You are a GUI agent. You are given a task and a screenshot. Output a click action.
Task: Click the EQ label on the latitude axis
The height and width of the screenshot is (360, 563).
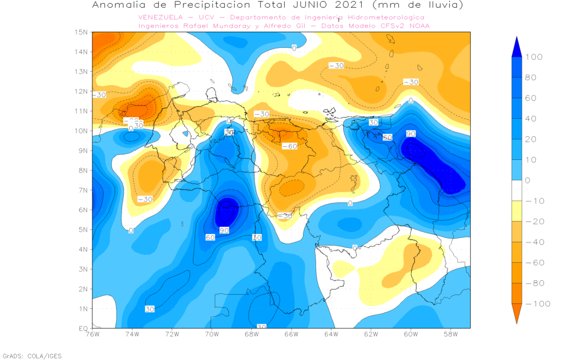click(83, 328)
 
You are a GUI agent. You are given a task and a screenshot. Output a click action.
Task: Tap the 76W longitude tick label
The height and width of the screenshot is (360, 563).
click(92, 335)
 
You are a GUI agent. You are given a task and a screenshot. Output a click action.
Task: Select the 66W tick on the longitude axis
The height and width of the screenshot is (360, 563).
click(291, 335)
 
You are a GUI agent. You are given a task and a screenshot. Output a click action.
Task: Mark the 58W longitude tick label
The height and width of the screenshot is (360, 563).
click(450, 335)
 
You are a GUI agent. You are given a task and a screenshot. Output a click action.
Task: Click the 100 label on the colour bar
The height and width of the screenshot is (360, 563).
click(534, 57)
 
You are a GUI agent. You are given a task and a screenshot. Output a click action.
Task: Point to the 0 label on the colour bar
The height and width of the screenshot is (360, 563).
click(529, 180)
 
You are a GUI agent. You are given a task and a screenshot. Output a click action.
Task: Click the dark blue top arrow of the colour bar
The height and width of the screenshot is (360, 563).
click(516, 47)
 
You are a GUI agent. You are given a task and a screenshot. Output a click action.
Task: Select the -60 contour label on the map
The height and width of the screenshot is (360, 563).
click(290, 146)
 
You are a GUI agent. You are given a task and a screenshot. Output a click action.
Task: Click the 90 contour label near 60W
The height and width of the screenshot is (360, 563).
click(411, 134)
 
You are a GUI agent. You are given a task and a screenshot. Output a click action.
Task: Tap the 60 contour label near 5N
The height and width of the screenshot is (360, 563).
click(209, 237)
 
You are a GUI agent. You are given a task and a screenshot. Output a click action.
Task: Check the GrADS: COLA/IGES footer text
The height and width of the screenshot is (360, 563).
click(32, 356)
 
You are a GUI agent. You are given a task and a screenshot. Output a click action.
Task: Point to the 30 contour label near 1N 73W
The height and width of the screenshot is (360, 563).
click(150, 309)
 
